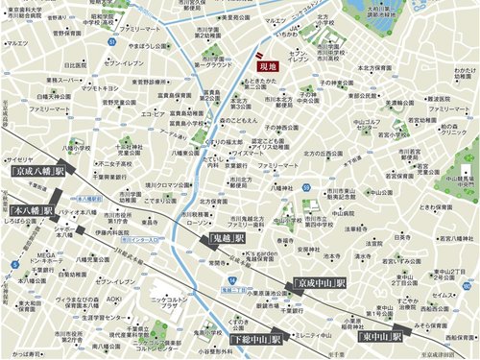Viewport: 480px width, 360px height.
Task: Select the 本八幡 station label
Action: click(x=34, y=209)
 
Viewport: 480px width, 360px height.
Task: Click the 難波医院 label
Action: click(x=423, y=99)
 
